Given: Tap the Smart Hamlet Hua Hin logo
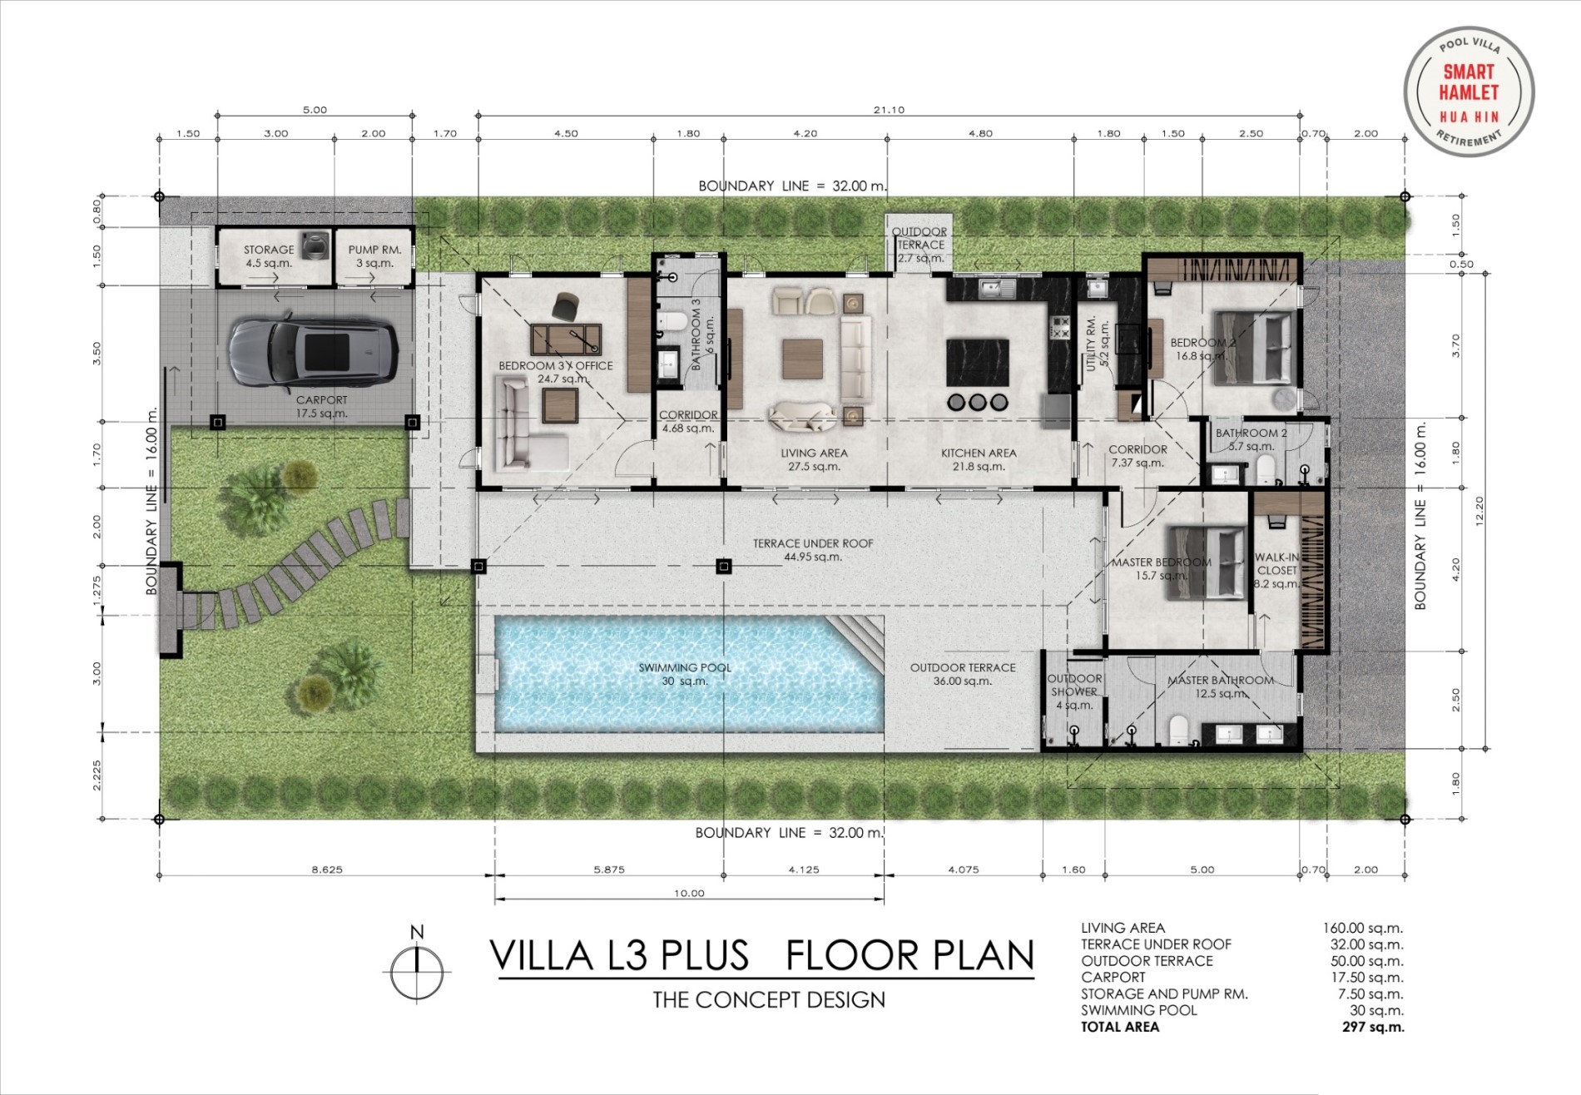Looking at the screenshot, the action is (1469, 91).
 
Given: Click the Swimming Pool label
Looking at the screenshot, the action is (685, 674).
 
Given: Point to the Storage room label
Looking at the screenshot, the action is (269, 256).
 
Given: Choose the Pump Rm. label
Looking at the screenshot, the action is (374, 256).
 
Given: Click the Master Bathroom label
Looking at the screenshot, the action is (1220, 686).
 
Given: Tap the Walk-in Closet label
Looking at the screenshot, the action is (1277, 570).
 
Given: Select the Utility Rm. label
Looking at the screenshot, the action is (1098, 343).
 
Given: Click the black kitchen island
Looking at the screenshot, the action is (978, 362).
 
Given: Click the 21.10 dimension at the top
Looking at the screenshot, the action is (889, 110).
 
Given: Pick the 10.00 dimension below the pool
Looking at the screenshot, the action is (689, 894).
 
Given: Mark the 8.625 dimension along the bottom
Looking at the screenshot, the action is (327, 870).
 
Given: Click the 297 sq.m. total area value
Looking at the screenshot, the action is (1373, 1027).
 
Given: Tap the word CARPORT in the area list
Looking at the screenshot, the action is (1113, 977).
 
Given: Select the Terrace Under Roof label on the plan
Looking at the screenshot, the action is (813, 550).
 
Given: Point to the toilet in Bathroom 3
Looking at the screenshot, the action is (673, 321).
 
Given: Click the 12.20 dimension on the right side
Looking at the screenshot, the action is (1479, 511).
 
